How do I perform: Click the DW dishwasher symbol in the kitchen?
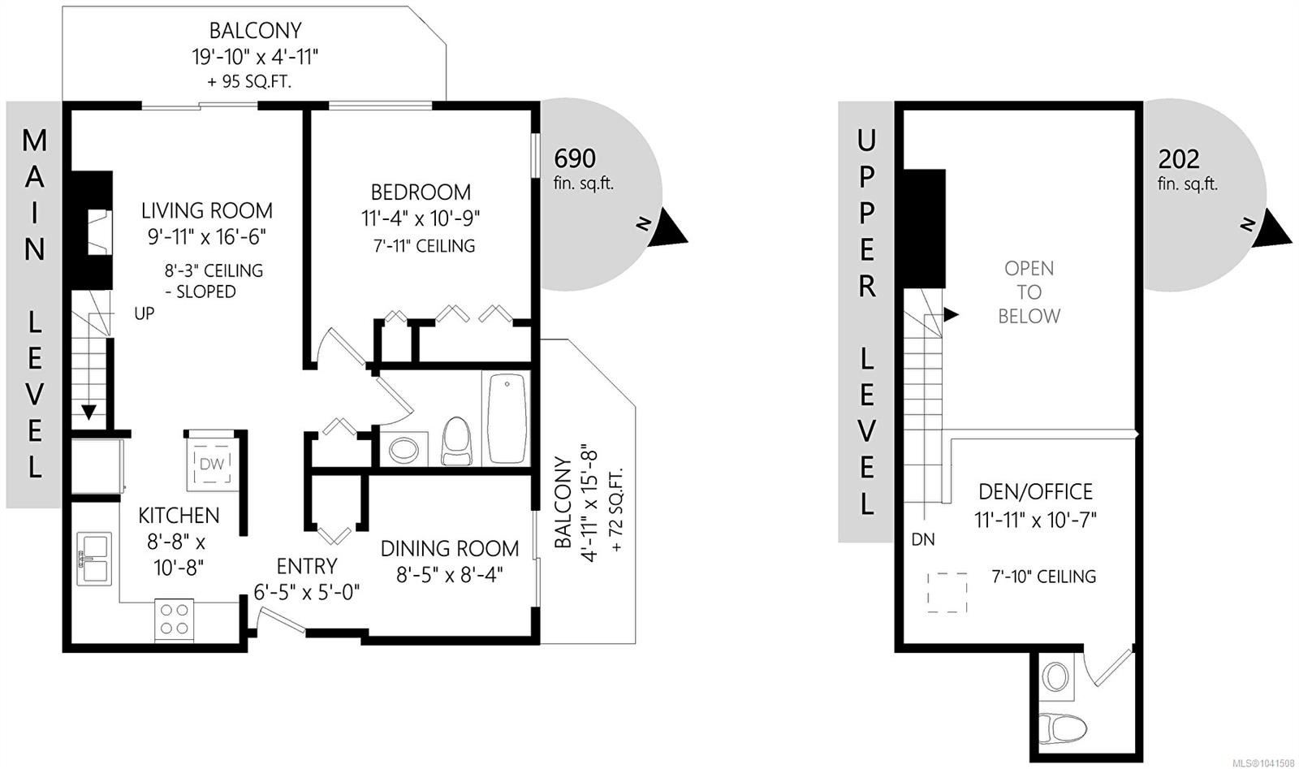click(212, 464)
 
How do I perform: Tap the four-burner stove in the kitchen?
click(174, 620)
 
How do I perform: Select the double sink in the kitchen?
click(94, 559)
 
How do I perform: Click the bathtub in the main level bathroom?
click(507, 418)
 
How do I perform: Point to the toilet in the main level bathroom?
click(457, 441)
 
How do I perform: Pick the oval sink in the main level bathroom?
click(404, 449)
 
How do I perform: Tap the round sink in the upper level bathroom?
click(1056, 676)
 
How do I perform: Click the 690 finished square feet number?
click(575, 158)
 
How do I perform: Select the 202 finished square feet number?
click(1179, 159)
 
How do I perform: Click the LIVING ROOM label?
click(207, 210)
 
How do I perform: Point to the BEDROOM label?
click(421, 192)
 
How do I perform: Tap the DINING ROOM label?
click(450, 548)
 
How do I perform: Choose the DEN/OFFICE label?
click(1036, 492)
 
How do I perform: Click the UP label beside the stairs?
click(145, 313)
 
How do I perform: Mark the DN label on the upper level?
click(923, 539)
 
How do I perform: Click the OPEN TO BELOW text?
click(1029, 292)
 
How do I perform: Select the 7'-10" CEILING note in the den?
click(1044, 577)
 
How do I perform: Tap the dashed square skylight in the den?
click(947, 593)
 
